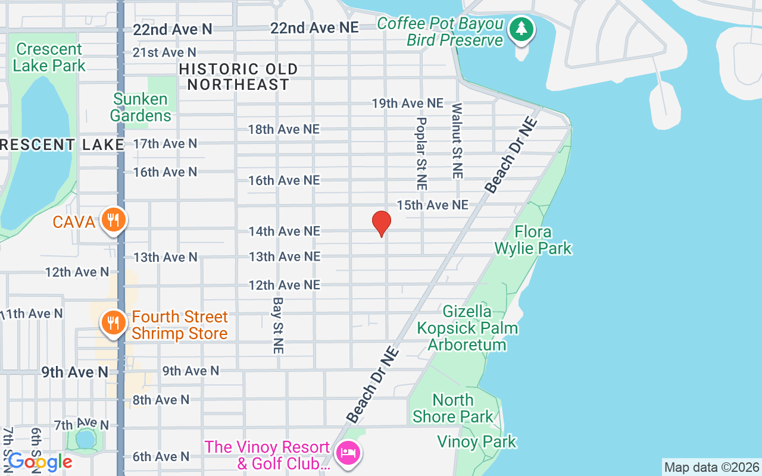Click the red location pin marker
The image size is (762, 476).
381,224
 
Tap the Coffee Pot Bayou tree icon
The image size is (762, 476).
521,28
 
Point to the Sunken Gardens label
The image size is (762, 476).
140,107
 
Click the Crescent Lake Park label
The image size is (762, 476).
49,57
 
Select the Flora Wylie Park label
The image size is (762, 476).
533,240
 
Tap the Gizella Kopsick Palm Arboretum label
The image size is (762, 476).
467,328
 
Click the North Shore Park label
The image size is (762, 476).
453,408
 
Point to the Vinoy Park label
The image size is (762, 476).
477,441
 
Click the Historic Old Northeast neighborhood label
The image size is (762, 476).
238,77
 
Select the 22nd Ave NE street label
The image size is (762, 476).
314,28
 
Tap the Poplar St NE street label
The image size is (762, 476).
421,153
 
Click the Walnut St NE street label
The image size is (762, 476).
457,141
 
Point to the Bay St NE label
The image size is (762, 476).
278,326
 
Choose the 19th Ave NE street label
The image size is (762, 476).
408,103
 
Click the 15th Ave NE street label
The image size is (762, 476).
433,205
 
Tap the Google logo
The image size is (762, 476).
40,462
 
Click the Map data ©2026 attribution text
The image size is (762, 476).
711,468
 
